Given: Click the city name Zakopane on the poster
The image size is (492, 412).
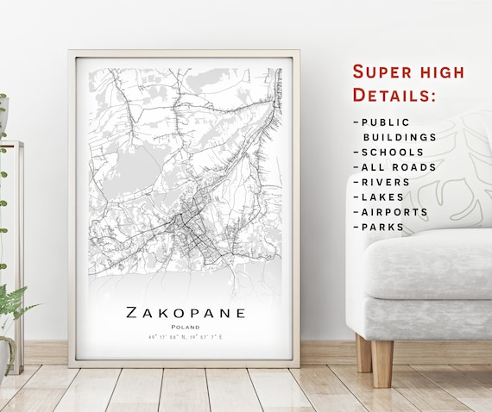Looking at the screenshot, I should pyautogui.click(x=186, y=312).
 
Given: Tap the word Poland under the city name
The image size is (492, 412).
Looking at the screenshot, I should pyautogui.click(x=186, y=328).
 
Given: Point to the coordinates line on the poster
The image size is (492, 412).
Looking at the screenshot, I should pyautogui.click(x=186, y=338).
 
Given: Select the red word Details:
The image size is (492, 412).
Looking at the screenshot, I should pyautogui.click(x=393, y=94).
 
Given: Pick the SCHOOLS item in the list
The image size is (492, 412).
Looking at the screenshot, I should pyautogui.click(x=393, y=152).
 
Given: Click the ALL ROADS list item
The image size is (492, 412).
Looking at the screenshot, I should pyautogui.click(x=399, y=167).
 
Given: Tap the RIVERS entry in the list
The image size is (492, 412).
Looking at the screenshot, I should pyautogui.click(x=388, y=182).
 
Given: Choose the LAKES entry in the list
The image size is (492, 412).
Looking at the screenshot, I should pyautogui.click(x=382, y=197).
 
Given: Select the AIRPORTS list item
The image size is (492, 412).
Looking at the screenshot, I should pyautogui.click(x=394, y=212).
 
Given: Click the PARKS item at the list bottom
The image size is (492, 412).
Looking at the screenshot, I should pyautogui.click(x=382, y=227).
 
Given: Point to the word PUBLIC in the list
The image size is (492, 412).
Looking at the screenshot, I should pyautogui.click(x=386, y=122).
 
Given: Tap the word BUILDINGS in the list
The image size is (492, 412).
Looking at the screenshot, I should pyautogui.click(x=399, y=137).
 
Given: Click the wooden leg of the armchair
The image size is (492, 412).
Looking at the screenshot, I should pyautogui.click(x=382, y=362).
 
